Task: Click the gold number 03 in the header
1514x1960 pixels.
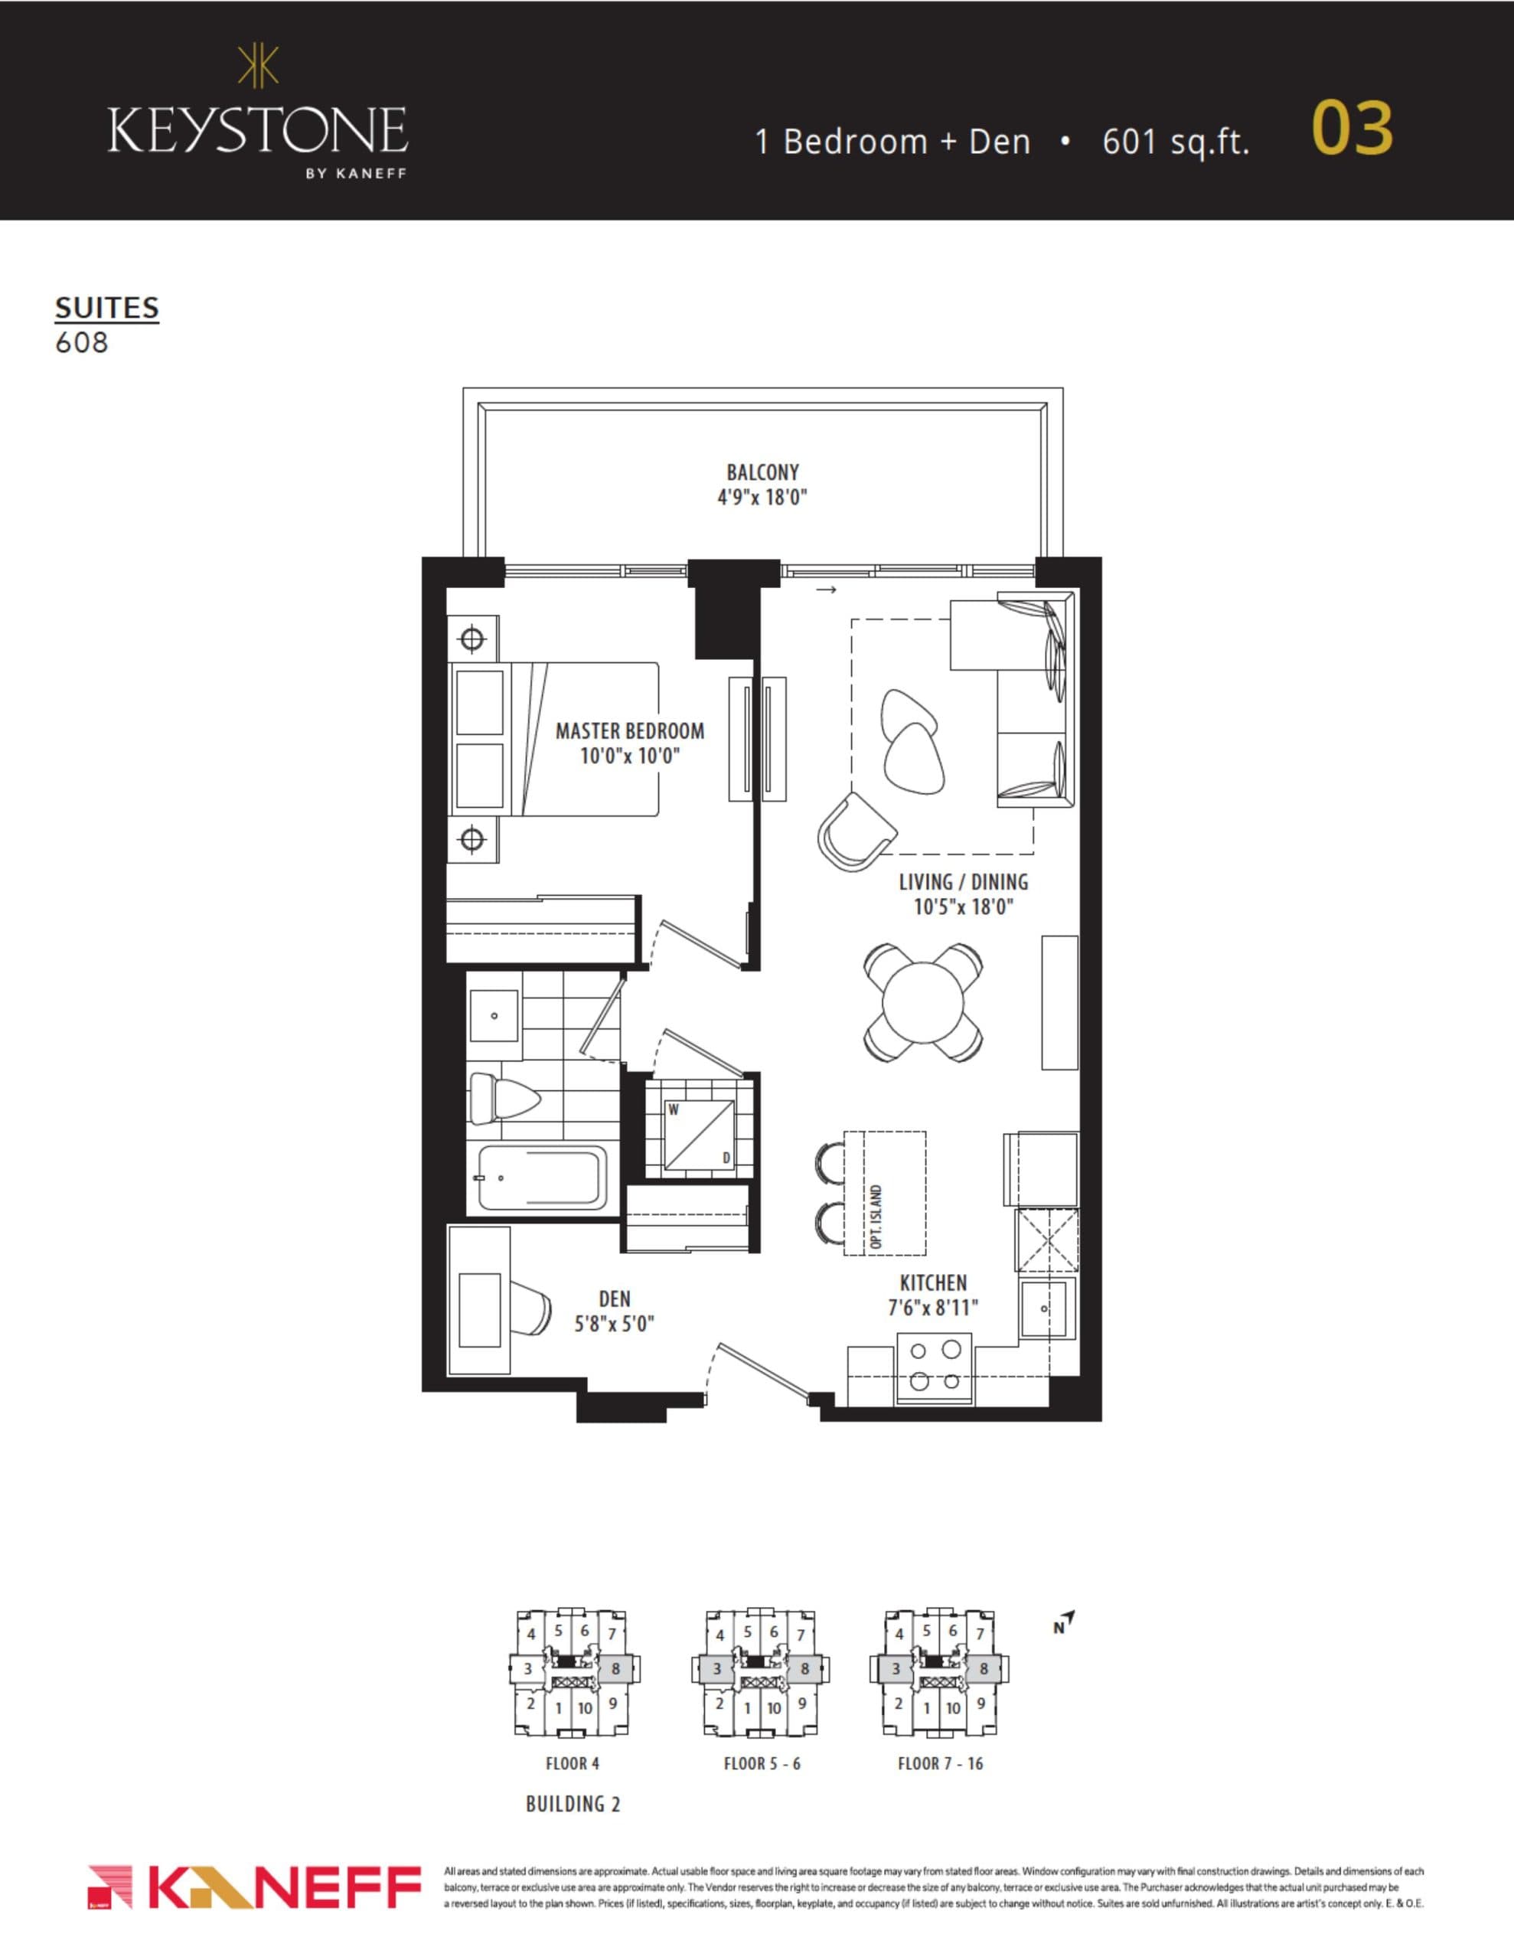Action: [1352, 129]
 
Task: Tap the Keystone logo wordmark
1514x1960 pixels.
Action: [258, 130]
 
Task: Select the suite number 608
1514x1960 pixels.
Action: [82, 343]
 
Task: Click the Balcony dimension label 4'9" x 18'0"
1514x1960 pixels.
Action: [762, 497]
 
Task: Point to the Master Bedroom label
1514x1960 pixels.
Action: [629, 731]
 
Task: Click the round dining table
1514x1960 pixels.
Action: [922, 1001]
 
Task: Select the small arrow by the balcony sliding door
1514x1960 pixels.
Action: [827, 590]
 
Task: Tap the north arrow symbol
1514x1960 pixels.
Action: [1065, 1622]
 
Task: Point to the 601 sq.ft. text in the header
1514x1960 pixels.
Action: [1175, 142]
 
